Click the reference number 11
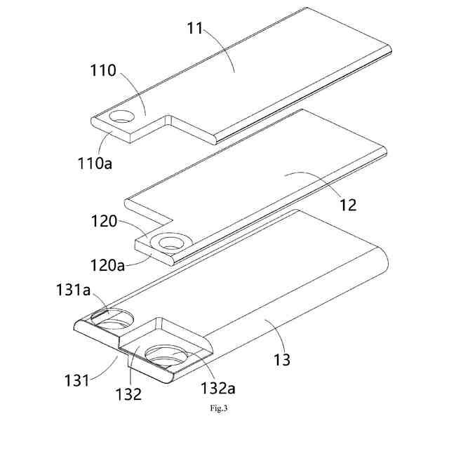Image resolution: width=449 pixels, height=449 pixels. click(x=196, y=30)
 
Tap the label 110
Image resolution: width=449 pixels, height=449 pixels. click(x=103, y=72)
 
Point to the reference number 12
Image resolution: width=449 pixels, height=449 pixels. click(x=347, y=206)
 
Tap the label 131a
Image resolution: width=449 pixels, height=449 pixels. click(x=74, y=288)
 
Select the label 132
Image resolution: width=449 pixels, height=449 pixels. click(x=130, y=394)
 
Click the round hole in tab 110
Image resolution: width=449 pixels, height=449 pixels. click(x=122, y=116)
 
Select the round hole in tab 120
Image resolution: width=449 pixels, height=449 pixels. click(x=170, y=243)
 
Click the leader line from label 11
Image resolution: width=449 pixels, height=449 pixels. click(x=221, y=49)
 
